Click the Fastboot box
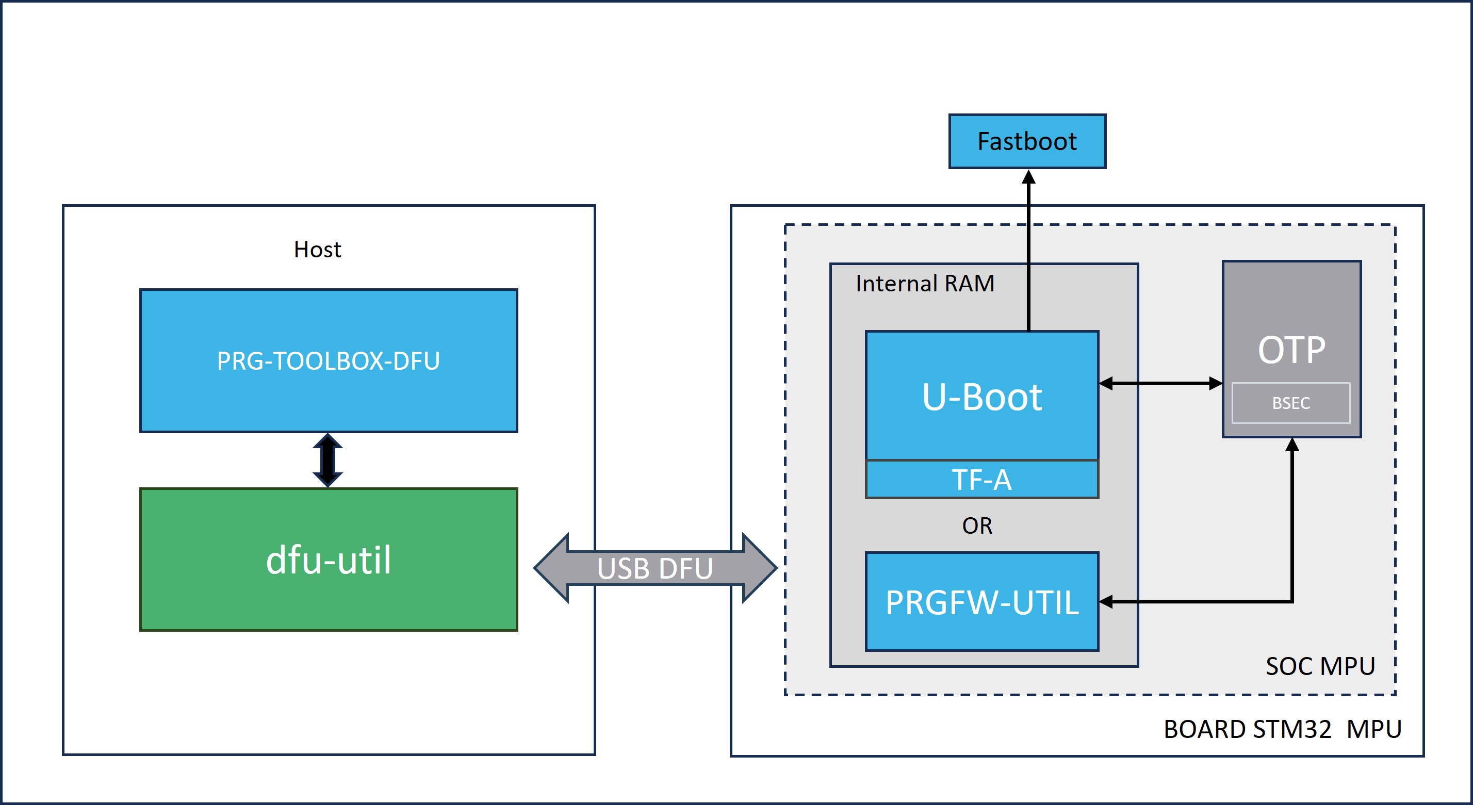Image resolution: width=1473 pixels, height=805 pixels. click(1027, 141)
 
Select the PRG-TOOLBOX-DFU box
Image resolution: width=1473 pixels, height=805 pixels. click(329, 361)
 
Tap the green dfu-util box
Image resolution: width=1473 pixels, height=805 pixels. click(329, 560)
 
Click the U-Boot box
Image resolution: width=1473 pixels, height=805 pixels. click(982, 396)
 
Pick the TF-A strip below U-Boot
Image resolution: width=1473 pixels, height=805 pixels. click(982, 479)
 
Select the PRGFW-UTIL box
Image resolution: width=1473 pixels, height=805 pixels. click(982, 601)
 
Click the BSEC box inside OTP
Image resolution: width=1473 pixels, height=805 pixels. click(1291, 403)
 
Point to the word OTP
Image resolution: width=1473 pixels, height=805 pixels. click(1291, 350)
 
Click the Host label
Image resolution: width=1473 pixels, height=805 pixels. click(317, 249)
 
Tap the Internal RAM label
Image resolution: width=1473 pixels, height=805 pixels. click(925, 284)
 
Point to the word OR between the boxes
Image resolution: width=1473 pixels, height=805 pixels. click(977, 526)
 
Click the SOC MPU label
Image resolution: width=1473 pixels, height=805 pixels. click(1320, 666)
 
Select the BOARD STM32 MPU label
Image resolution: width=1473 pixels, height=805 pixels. click(1283, 729)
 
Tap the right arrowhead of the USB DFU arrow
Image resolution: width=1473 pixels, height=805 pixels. click(759, 568)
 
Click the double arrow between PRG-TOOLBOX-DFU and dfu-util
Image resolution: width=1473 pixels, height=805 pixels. click(328, 460)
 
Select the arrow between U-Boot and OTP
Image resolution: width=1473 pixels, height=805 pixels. click(1161, 383)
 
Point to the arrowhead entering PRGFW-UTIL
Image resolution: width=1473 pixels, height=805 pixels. click(1106, 601)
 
